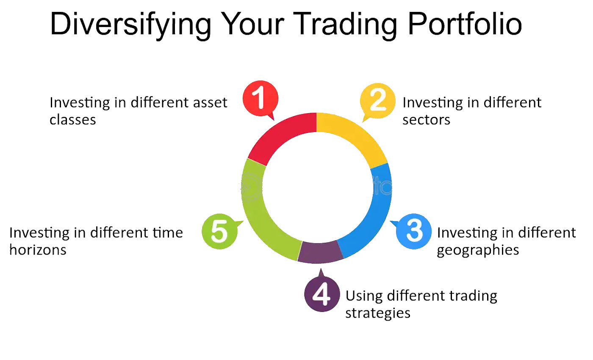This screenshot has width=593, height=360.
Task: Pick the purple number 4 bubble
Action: pyautogui.click(x=322, y=294)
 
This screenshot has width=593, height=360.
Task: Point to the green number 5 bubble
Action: pyautogui.click(x=219, y=231)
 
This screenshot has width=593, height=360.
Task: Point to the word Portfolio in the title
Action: pyautogui.click(x=465, y=24)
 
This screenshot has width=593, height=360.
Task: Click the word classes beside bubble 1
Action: pyautogui.click(x=73, y=120)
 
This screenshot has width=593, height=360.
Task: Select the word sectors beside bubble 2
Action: pyautogui.click(x=426, y=120)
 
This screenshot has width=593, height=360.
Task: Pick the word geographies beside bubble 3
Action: pyautogui.click(x=478, y=250)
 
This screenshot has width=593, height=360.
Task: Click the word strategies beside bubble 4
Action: pyautogui.click(x=378, y=313)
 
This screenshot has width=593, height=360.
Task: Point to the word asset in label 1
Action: pyautogui.click(x=209, y=102)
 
